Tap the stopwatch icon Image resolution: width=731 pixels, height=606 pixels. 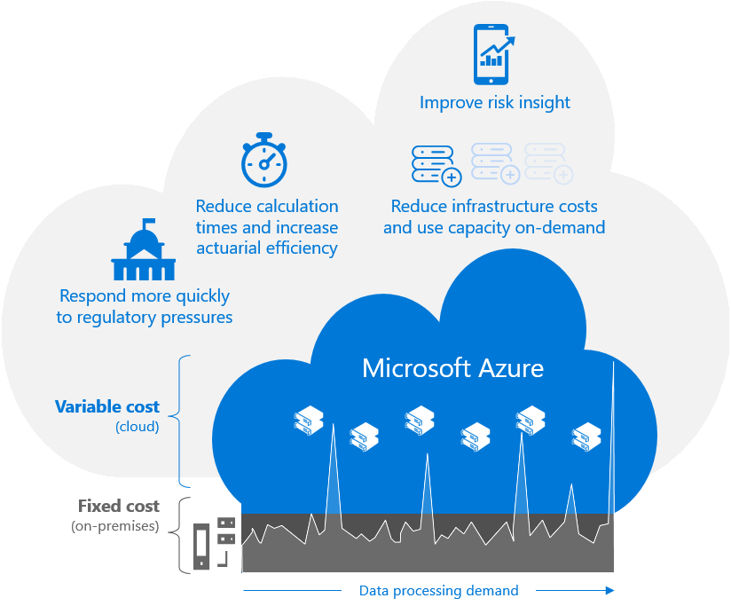263,160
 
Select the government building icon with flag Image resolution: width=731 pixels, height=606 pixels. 144,251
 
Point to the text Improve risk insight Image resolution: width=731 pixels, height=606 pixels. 495,103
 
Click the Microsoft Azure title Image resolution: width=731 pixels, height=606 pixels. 452,367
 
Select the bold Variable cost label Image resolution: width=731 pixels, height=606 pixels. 107,407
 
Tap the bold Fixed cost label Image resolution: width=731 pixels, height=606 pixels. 119,507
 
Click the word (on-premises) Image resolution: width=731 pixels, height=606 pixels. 115,527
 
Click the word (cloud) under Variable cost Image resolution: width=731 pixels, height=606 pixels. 138,427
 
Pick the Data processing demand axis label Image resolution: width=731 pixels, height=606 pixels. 438,590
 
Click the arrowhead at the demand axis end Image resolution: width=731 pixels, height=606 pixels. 609,589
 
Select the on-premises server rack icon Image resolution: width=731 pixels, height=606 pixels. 214,543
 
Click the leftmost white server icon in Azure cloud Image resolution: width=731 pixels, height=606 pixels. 310,420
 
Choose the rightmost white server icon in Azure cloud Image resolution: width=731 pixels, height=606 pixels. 586,435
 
